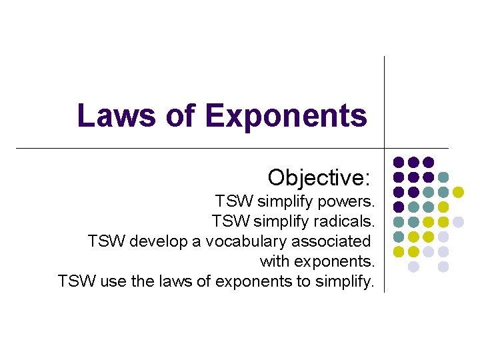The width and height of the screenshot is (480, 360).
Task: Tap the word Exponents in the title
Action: (287, 115)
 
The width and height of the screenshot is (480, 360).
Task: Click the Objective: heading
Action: (319, 177)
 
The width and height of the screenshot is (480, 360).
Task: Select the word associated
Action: (331, 241)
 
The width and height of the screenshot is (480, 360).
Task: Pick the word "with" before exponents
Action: (274, 261)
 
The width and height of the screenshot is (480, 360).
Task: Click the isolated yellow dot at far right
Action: (458, 192)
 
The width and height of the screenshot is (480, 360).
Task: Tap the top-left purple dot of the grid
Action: (398, 162)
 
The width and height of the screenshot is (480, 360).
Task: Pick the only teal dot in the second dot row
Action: (443, 177)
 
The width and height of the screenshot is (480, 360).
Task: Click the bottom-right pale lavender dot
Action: (443, 267)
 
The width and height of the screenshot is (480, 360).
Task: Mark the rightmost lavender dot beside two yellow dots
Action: (458, 222)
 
